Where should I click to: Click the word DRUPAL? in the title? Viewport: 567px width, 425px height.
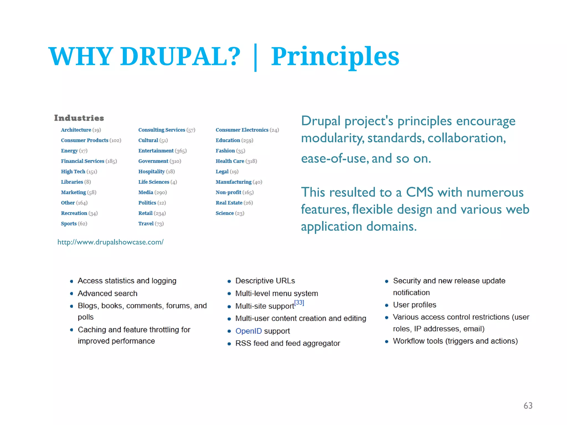tap(180, 56)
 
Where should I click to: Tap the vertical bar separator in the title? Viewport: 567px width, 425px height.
tap(255, 58)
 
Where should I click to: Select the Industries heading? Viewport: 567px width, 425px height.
tap(79, 118)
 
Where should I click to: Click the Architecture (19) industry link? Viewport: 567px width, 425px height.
tap(81, 130)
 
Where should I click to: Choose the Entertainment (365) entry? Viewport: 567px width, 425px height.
tap(162, 151)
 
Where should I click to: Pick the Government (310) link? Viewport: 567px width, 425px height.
tap(159, 161)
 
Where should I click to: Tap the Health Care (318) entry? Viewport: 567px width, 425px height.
tap(236, 161)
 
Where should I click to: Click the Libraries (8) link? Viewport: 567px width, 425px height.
tap(76, 182)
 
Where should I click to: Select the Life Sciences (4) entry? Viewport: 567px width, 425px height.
tap(157, 182)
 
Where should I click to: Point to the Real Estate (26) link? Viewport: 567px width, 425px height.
tap(234, 203)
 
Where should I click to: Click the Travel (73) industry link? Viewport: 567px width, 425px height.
tap(151, 224)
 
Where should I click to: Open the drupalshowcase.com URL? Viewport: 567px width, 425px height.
tap(110, 242)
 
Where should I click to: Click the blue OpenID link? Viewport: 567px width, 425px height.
tap(248, 331)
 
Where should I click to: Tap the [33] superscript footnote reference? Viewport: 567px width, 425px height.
tap(299, 302)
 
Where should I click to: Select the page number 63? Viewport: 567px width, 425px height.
tap(528, 406)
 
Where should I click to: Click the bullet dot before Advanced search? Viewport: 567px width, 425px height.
tap(72, 294)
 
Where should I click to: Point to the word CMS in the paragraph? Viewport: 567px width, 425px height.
tap(419, 192)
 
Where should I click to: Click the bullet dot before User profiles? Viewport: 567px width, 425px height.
tap(387, 305)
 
